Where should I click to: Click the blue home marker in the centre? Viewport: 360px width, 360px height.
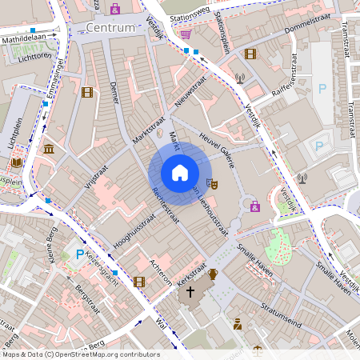click(180, 173)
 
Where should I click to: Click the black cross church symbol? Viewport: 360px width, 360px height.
click(190, 292)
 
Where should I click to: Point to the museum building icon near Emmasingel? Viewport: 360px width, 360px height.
click(50, 149)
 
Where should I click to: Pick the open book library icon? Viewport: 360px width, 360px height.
click(16, 162)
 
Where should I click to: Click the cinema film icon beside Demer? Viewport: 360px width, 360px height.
click(86, 92)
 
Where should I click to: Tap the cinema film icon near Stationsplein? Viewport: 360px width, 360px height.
click(250, 54)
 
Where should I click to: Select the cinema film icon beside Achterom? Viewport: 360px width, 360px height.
click(140, 281)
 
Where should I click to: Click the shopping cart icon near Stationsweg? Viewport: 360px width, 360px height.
click(186, 35)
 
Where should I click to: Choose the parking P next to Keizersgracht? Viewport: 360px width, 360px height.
click(79, 254)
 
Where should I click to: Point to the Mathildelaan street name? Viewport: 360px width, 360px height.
click(23, 37)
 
